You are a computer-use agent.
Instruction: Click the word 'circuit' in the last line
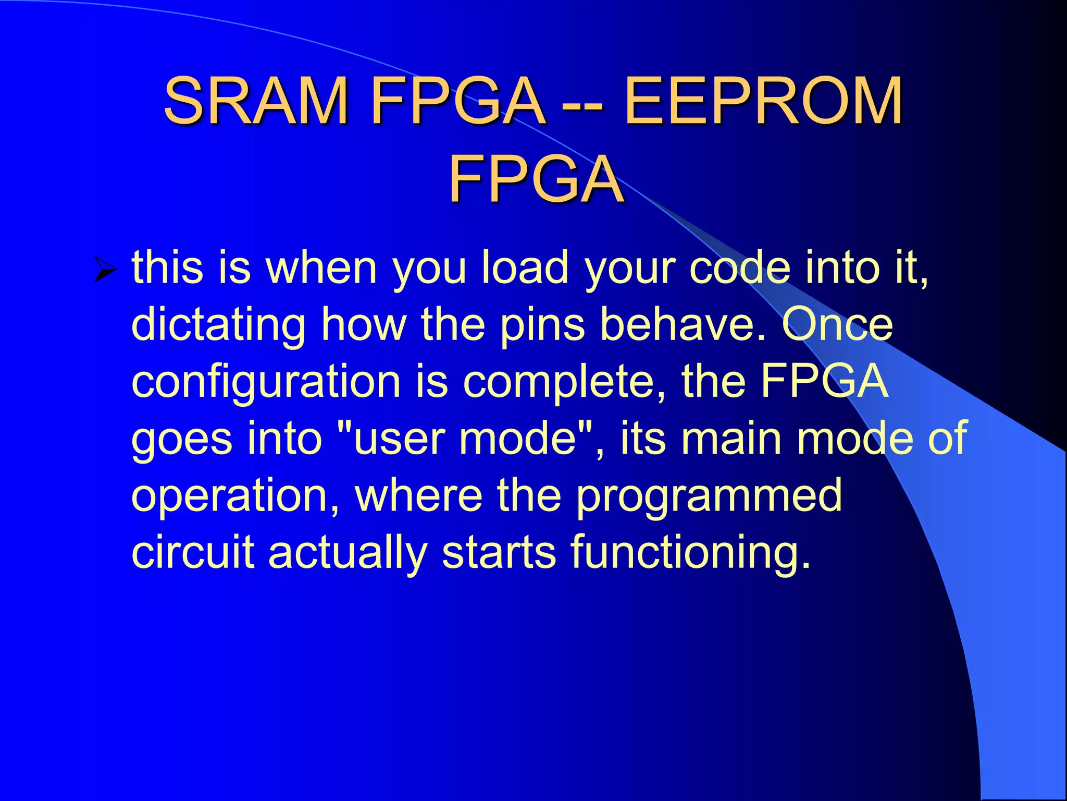click(x=193, y=553)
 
